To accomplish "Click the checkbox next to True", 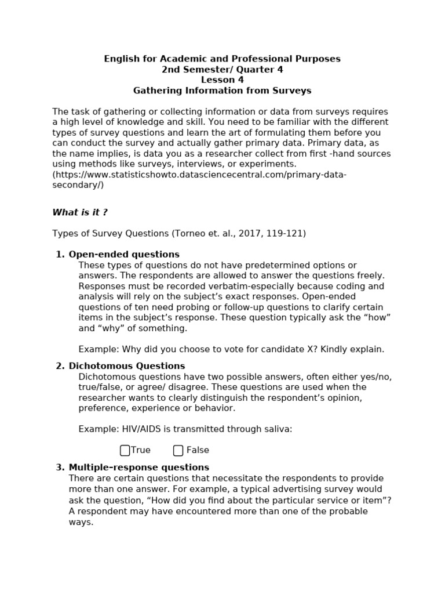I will point(125,451).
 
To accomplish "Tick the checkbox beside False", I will point(178,451).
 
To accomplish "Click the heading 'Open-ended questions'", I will point(124,255).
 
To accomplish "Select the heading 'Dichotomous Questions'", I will point(127,366).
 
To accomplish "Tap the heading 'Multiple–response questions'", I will point(139,468).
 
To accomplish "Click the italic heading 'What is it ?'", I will point(80,212).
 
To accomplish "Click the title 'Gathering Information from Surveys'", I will point(222,90).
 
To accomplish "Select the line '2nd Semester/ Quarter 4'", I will point(222,70).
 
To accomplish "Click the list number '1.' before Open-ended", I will point(60,255).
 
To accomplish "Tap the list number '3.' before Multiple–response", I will point(60,468).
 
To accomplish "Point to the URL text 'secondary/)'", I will point(78,185).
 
